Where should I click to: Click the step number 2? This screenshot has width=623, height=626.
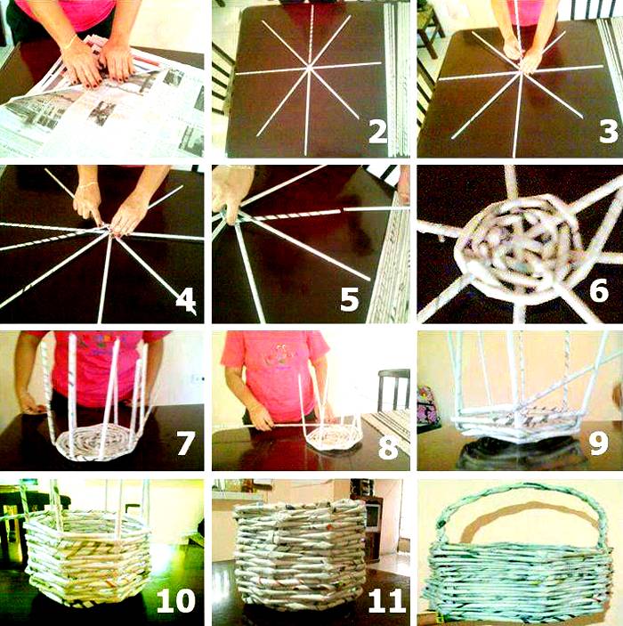[378, 132]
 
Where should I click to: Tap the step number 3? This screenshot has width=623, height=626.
[608, 132]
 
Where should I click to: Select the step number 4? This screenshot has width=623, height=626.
[186, 300]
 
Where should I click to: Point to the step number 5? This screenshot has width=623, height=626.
[349, 300]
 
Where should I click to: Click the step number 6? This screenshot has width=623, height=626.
[599, 290]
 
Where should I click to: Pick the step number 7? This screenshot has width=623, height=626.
[186, 443]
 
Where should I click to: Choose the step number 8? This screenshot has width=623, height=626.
[388, 447]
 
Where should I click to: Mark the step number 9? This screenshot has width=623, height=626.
[599, 443]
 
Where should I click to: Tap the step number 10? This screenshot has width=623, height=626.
[175, 600]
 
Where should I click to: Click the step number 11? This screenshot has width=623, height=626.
[386, 600]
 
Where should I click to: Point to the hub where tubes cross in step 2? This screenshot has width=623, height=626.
[310, 69]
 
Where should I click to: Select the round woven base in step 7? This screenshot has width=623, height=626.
[98, 443]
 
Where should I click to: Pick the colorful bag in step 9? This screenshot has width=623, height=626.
[427, 404]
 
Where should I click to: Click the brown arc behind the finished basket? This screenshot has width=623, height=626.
[530, 516]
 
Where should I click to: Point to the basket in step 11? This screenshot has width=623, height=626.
[300, 553]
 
